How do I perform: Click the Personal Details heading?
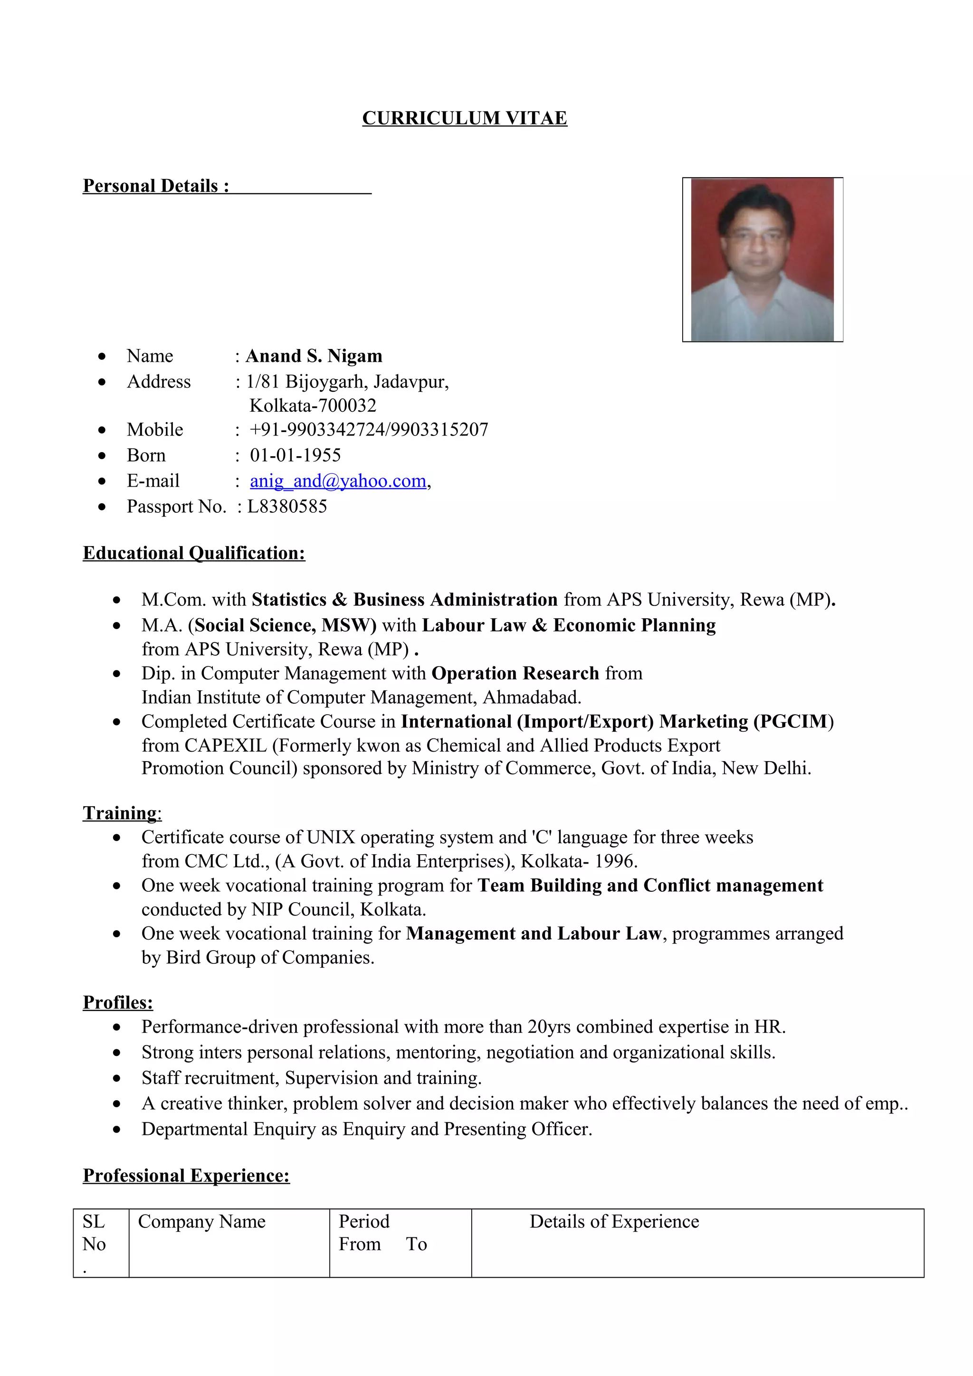pyautogui.click(x=156, y=186)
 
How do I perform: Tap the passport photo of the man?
pyautogui.click(x=762, y=260)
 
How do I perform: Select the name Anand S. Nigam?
pyautogui.click(x=314, y=356)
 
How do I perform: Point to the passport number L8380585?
pyautogui.click(x=287, y=507)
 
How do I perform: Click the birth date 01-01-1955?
pyautogui.click(x=295, y=455)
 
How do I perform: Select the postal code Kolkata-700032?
pyautogui.click(x=312, y=406)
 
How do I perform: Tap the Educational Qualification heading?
pyautogui.click(x=194, y=553)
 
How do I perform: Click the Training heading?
pyautogui.click(x=122, y=813)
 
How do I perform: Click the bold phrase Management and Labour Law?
pyautogui.click(x=533, y=933)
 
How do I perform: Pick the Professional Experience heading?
pyautogui.click(x=186, y=1175)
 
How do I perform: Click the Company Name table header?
pyautogui.click(x=201, y=1221)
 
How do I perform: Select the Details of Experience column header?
pyautogui.click(x=614, y=1221)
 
